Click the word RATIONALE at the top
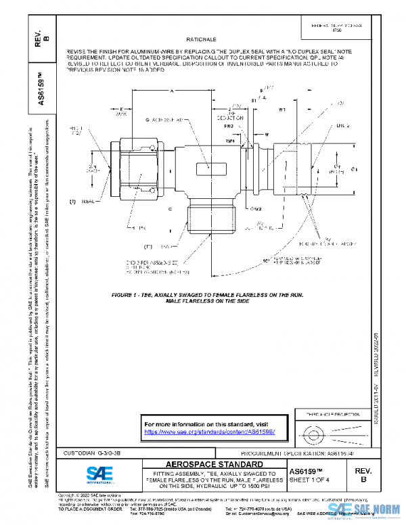[200, 40]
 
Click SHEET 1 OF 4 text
[311, 481]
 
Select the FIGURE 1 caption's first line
[204, 296]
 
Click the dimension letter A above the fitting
[173, 90]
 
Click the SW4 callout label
[230, 141]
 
